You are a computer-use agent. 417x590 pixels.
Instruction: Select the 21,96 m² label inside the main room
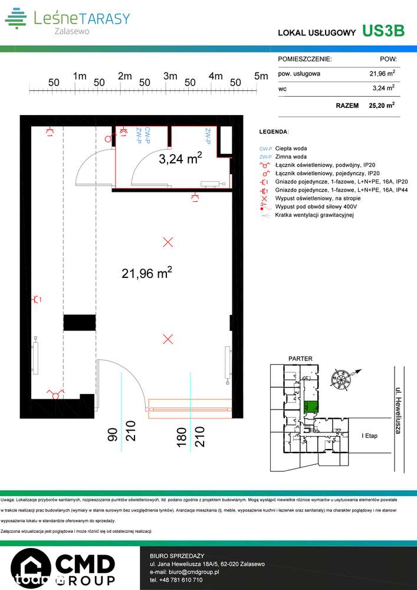point(147,273)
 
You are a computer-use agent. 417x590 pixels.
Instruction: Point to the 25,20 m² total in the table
point(382,106)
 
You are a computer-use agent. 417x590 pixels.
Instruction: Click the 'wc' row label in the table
point(282,89)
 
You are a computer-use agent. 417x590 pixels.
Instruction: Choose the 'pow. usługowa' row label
point(299,74)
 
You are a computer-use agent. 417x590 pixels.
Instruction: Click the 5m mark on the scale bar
point(261,76)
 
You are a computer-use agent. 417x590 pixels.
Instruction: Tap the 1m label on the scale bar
point(79,76)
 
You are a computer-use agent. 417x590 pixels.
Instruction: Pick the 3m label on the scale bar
point(170,76)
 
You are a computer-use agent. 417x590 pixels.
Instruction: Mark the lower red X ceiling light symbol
point(168,339)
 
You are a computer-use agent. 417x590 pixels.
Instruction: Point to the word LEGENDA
point(274,131)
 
